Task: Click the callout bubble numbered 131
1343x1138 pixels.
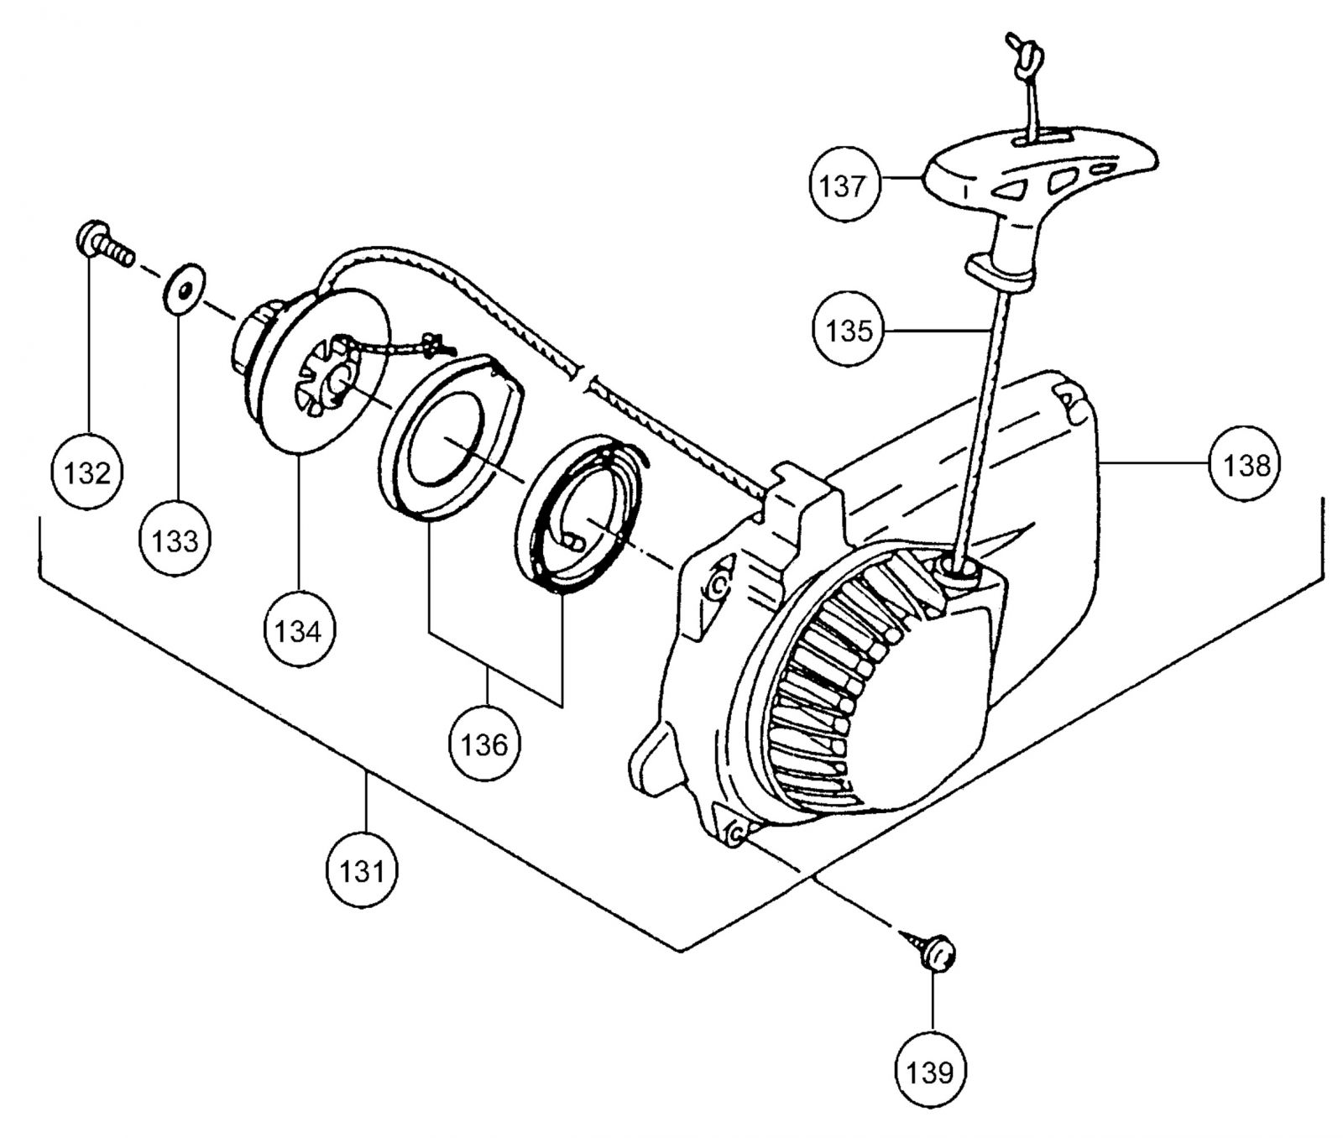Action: (x=361, y=871)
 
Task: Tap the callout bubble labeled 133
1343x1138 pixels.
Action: (x=175, y=540)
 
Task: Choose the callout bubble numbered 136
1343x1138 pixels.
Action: (x=484, y=744)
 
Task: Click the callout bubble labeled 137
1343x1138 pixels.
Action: (x=843, y=185)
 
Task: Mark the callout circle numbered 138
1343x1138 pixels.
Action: (x=1246, y=464)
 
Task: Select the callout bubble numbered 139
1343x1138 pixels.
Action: (x=931, y=1071)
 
